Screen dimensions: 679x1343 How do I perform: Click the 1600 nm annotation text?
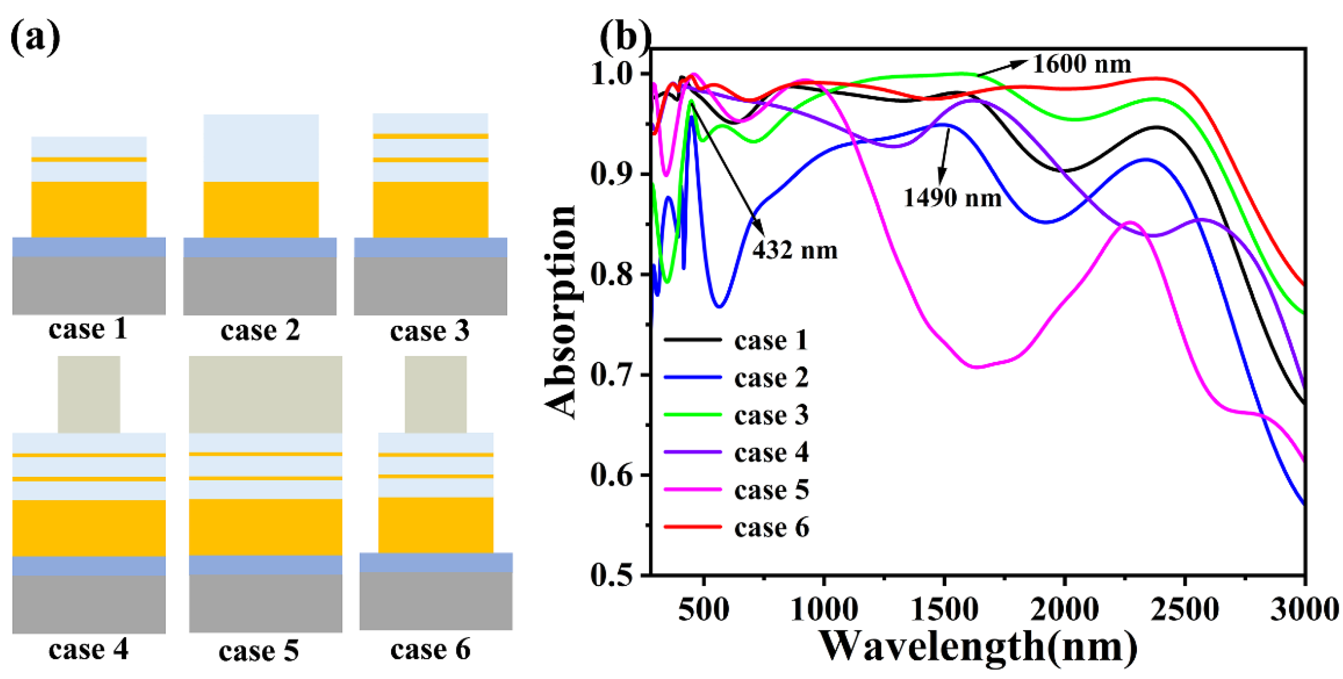point(1081,65)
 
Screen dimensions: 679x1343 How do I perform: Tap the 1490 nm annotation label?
point(952,198)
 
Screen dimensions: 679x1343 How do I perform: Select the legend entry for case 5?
point(771,490)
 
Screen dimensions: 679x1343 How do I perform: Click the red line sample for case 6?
point(692,527)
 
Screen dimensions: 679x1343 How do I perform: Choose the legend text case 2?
point(771,378)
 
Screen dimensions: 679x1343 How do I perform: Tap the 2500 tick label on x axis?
point(1184,609)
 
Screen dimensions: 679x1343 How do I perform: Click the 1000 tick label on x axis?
point(824,609)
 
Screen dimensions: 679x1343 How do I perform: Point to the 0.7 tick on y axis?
point(610,375)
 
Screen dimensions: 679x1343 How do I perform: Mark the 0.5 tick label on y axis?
point(610,575)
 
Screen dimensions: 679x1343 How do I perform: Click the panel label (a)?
point(35,38)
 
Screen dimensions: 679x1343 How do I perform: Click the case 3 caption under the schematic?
point(430,331)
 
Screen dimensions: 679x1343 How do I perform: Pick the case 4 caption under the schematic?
point(88,649)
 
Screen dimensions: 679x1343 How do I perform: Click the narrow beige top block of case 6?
point(435,394)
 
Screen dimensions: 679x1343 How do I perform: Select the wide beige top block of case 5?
point(265,394)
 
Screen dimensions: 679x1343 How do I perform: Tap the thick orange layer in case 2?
point(261,209)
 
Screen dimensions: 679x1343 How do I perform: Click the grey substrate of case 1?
point(89,285)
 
